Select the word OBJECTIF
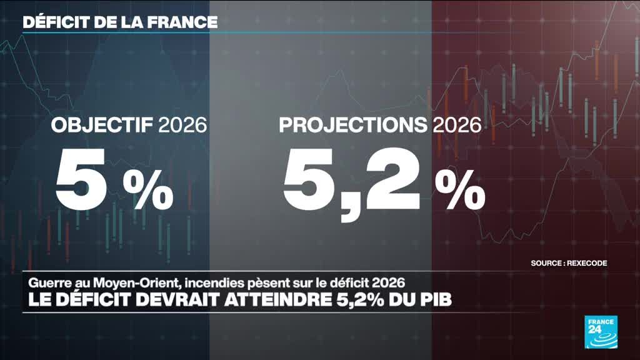click(102, 124)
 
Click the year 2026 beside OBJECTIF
click(183, 124)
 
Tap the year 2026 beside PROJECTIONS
click(457, 124)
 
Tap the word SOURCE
click(546, 263)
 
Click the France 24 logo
click(601, 332)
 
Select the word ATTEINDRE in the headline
click(277, 300)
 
